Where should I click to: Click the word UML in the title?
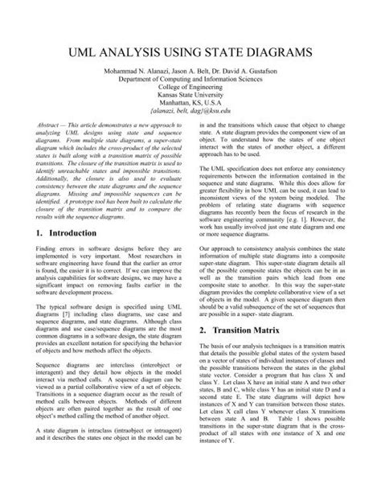(x=85, y=52)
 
